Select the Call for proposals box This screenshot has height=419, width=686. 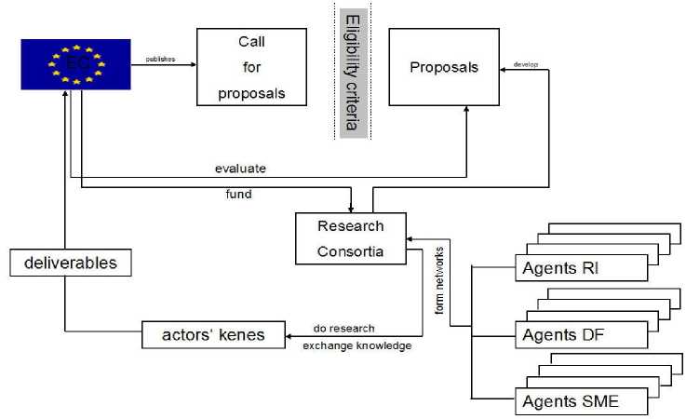coord(250,68)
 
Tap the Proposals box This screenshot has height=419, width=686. coord(443,67)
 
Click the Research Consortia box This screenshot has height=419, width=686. coord(350,239)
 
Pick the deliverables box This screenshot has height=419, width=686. coord(71,263)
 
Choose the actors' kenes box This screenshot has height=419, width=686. coord(213,335)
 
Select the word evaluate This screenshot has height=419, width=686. coord(240,169)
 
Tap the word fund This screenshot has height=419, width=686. coord(238,196)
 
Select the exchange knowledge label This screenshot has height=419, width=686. coord(356,345)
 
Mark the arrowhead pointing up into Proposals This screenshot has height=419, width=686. coord(466,110)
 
